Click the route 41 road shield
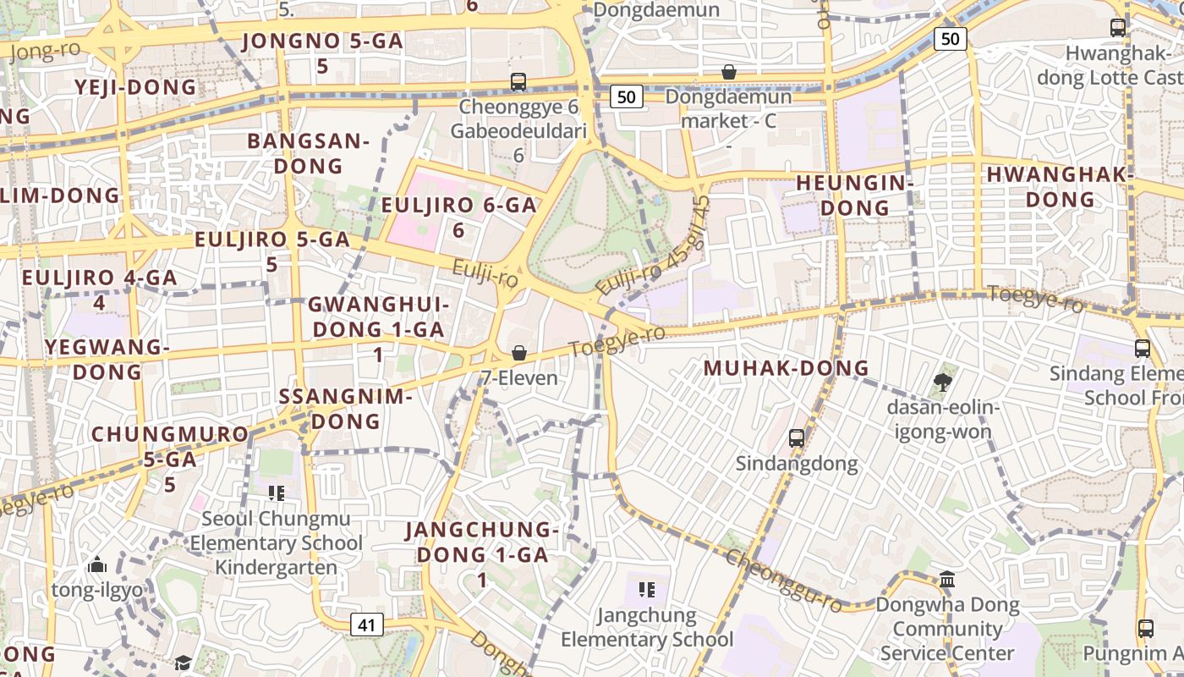tap(366, 625)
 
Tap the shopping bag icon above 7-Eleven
tap(518, 353)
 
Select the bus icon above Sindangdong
tap(796, 438)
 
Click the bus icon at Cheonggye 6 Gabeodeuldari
tap(518, 82)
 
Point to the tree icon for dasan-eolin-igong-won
tap(942, 383)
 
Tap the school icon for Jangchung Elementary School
tap(647, 590)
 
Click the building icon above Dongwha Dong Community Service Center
tap(947, 580)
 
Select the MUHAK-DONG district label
tap(787, 368)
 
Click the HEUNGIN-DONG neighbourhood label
tap(855, 195)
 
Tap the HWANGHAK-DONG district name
tap(1060, 187)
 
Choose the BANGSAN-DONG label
tap(308, 153)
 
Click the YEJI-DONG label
tap(135, 87)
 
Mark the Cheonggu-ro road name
tap(784, 581)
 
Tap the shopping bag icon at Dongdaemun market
tap(728, 73)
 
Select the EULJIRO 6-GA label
tap(458, 217)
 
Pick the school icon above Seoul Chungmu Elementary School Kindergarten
tap(275, 493)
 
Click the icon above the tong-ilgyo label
tap(97, 564)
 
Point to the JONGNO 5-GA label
tap(322, 52)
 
